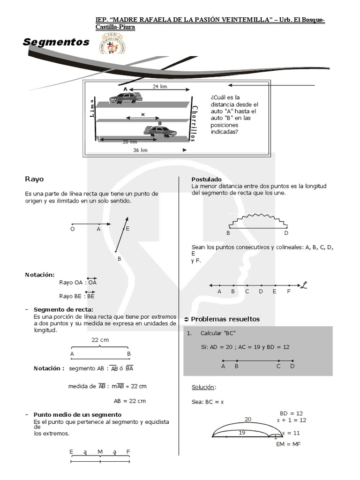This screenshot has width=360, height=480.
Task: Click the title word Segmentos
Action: [56, 42]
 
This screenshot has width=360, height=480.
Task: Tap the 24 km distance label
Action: [160, 87]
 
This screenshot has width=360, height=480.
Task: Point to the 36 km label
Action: [140, 150]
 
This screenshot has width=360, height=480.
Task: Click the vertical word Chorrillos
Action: [195, 122]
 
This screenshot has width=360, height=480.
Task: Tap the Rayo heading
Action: [34, 179]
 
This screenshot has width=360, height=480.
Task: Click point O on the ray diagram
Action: [72, 230]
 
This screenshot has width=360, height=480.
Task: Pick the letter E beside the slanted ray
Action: [127, 228]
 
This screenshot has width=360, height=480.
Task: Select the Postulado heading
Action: [207, 180]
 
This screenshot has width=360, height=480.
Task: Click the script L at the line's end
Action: [304, 285]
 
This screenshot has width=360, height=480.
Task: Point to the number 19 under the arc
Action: [242, 433]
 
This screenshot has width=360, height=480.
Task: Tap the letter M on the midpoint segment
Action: [100, 452]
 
